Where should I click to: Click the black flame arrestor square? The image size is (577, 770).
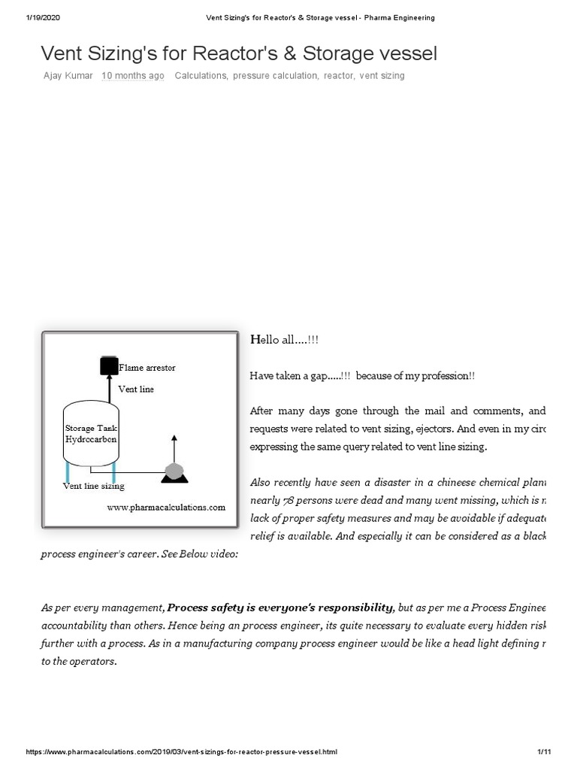coord(109,366)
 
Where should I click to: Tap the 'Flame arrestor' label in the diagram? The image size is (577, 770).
coord(147,368)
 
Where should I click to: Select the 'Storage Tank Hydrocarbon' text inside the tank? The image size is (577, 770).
coord(90,433)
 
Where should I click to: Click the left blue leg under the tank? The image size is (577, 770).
coord(68,471)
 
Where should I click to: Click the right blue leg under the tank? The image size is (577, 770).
coord(113,471)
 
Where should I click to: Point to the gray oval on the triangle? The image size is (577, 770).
coord(174,471)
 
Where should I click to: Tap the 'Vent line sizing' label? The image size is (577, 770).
coord(93,487)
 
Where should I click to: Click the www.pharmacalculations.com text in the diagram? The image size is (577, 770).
coord(165,508)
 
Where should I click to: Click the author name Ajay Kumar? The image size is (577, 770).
coord(68,76)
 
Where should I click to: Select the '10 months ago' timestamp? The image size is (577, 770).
coord(133,76)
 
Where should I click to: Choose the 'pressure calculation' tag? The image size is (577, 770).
coord(275,76)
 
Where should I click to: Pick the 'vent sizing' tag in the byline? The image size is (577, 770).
coord(382,76)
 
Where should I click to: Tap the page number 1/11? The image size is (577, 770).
coord(545,752)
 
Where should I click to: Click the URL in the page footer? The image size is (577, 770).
coord(182,752)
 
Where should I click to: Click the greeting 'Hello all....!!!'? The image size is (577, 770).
coord(284,340)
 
